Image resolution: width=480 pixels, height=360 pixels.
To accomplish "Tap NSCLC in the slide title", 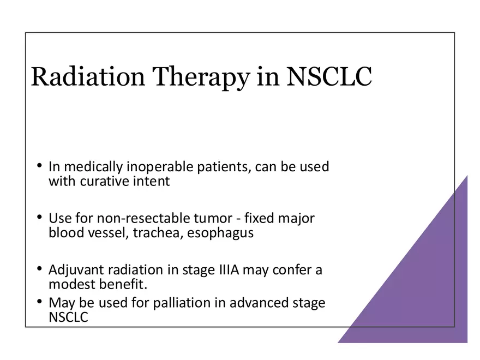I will click(329, 77).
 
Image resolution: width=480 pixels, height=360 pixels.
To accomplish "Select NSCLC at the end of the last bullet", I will click(68, 317).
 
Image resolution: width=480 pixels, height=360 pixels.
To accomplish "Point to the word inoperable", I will click(155, 166).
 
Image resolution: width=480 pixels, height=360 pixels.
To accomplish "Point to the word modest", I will click(70, 285).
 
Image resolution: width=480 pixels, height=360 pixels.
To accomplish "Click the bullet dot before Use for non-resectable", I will click(40, 217).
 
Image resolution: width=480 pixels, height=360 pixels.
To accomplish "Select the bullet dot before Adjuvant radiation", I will click(40, 269).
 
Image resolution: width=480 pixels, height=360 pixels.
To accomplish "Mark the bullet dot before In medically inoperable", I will click(40, 165).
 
